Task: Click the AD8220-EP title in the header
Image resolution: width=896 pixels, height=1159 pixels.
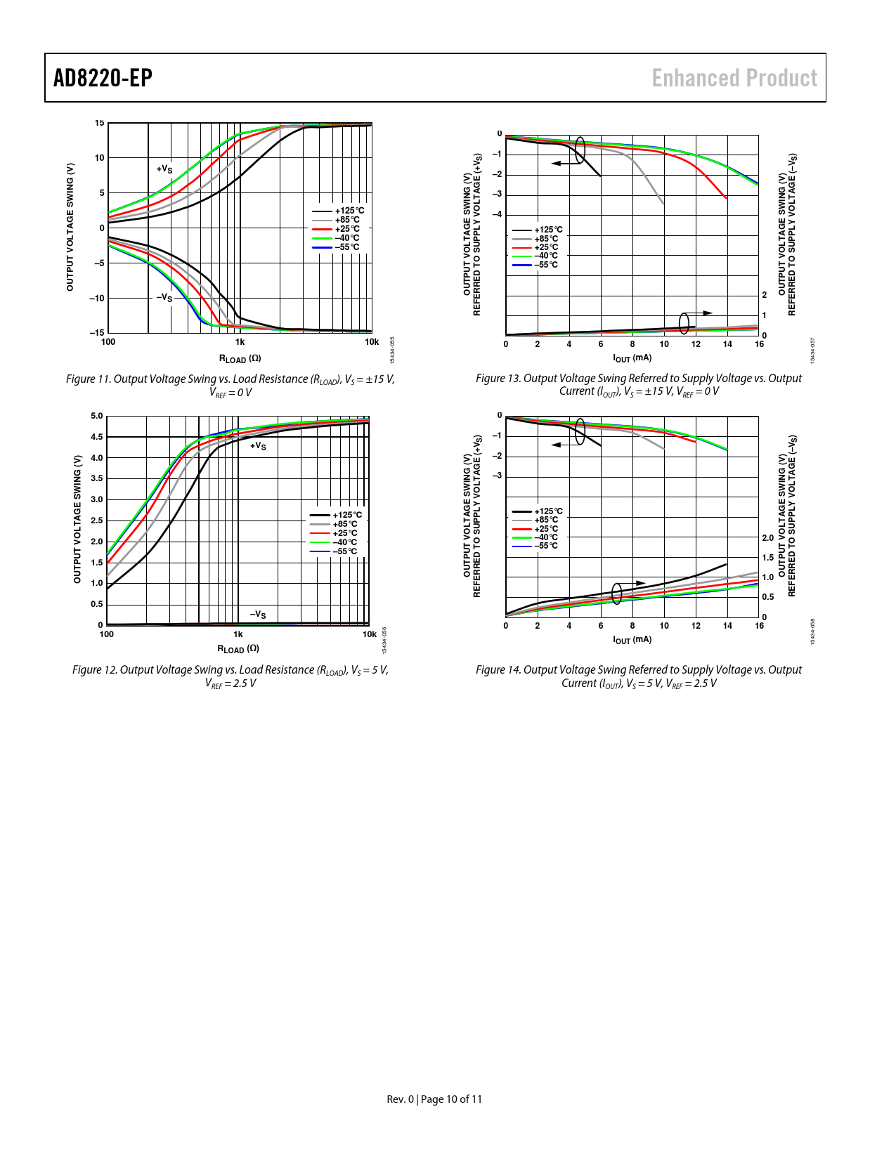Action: click(103, 78)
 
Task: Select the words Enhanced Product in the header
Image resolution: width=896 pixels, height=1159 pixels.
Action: click(734, 78)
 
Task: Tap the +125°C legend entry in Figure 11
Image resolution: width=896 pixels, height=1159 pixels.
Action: click(349, 211)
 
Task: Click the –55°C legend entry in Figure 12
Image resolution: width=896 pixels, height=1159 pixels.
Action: click(344, 551)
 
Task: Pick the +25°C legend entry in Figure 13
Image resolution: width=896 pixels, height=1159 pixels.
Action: click(546, 247)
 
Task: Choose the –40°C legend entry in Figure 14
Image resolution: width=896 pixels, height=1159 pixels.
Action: click(545, 537)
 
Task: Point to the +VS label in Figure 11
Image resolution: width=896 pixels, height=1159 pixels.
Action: click(164, 169)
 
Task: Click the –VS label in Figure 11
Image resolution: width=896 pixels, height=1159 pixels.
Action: click(164, 297)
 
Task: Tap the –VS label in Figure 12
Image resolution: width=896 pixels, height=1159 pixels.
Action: click(258, 615)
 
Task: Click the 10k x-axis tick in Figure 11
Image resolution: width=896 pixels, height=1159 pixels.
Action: click(372, 342)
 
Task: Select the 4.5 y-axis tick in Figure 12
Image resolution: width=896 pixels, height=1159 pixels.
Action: click(97, 437)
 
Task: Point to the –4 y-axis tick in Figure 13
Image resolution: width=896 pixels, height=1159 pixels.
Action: click(497, 215)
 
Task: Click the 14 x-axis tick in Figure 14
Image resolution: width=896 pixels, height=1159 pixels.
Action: click(727, 626)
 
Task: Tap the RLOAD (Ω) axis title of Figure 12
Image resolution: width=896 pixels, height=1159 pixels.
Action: click(238, 649)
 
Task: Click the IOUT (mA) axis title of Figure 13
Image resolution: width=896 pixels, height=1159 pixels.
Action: click(632, 358)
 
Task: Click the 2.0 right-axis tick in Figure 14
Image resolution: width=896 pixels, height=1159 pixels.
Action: click(767, 538)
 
